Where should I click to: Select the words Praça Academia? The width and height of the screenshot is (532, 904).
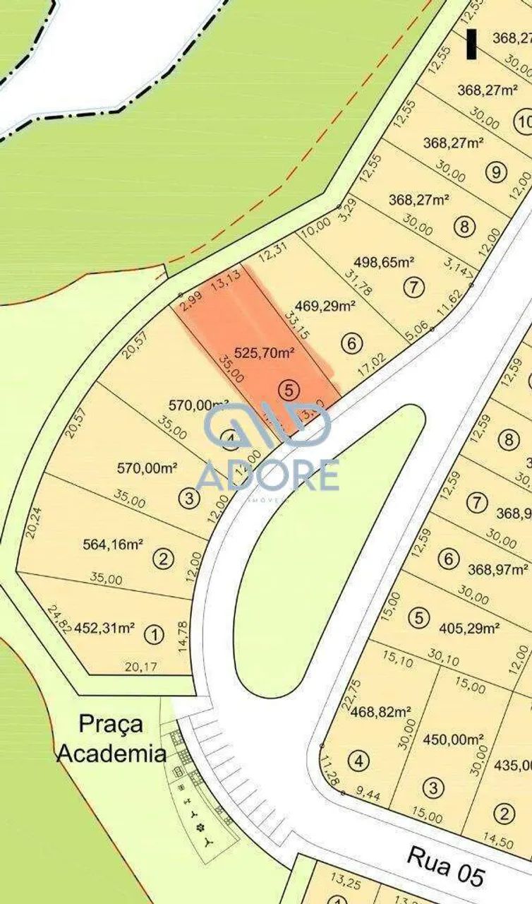tap(111, 738)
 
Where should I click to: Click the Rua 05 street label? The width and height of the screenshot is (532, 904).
tap(447, 867)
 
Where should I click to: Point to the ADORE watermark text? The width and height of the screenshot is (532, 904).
tap(267, 475)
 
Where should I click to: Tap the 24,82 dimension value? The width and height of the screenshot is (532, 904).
tap(59, 619)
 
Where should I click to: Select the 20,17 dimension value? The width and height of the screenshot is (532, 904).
tap(141, 666)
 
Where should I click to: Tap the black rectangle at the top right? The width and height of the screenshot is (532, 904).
tap(471, 44)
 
